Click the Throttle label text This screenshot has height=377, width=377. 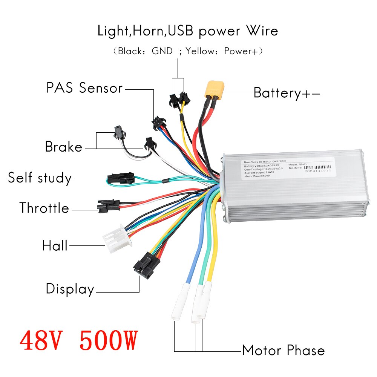pos(44,208)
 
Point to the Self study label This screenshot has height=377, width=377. pos(40,178)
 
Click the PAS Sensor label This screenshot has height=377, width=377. pos(84,88)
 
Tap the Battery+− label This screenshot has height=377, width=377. pos(287,93)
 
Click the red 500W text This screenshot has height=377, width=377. pos(107,340)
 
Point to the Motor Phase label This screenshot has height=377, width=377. pos(283,351)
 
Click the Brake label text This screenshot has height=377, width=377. pos(63,147)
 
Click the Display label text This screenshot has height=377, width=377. pos(70,289)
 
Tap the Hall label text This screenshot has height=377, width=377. pos(55,246)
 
